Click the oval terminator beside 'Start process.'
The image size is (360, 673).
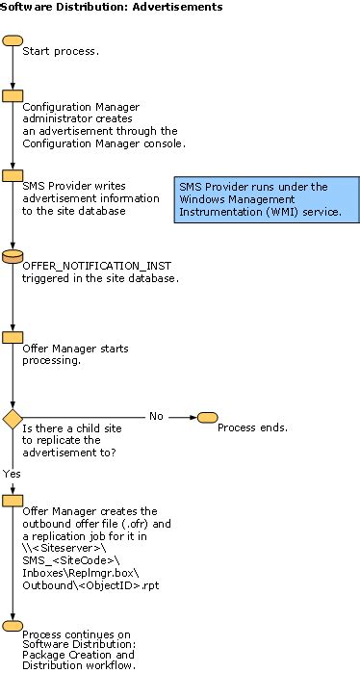[x=13, y=41]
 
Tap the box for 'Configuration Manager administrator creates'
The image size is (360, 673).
[x=13, y=95]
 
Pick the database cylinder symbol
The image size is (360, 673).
[x=13, y=256]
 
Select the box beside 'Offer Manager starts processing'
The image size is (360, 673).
[x=13, y=338]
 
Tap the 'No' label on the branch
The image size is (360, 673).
[x=155, y=416]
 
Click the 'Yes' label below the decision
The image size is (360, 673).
[x=12, y=473]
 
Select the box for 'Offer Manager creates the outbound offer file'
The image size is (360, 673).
[x=13, y=501]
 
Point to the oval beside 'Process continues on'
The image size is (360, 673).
[x=13, y=626]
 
